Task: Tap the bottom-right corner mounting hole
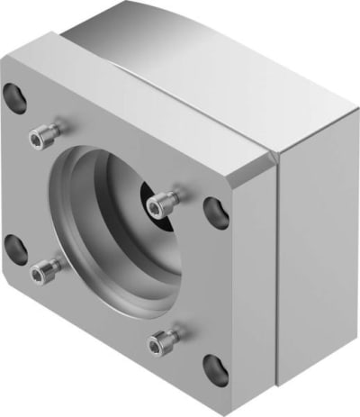coord(215,367)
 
